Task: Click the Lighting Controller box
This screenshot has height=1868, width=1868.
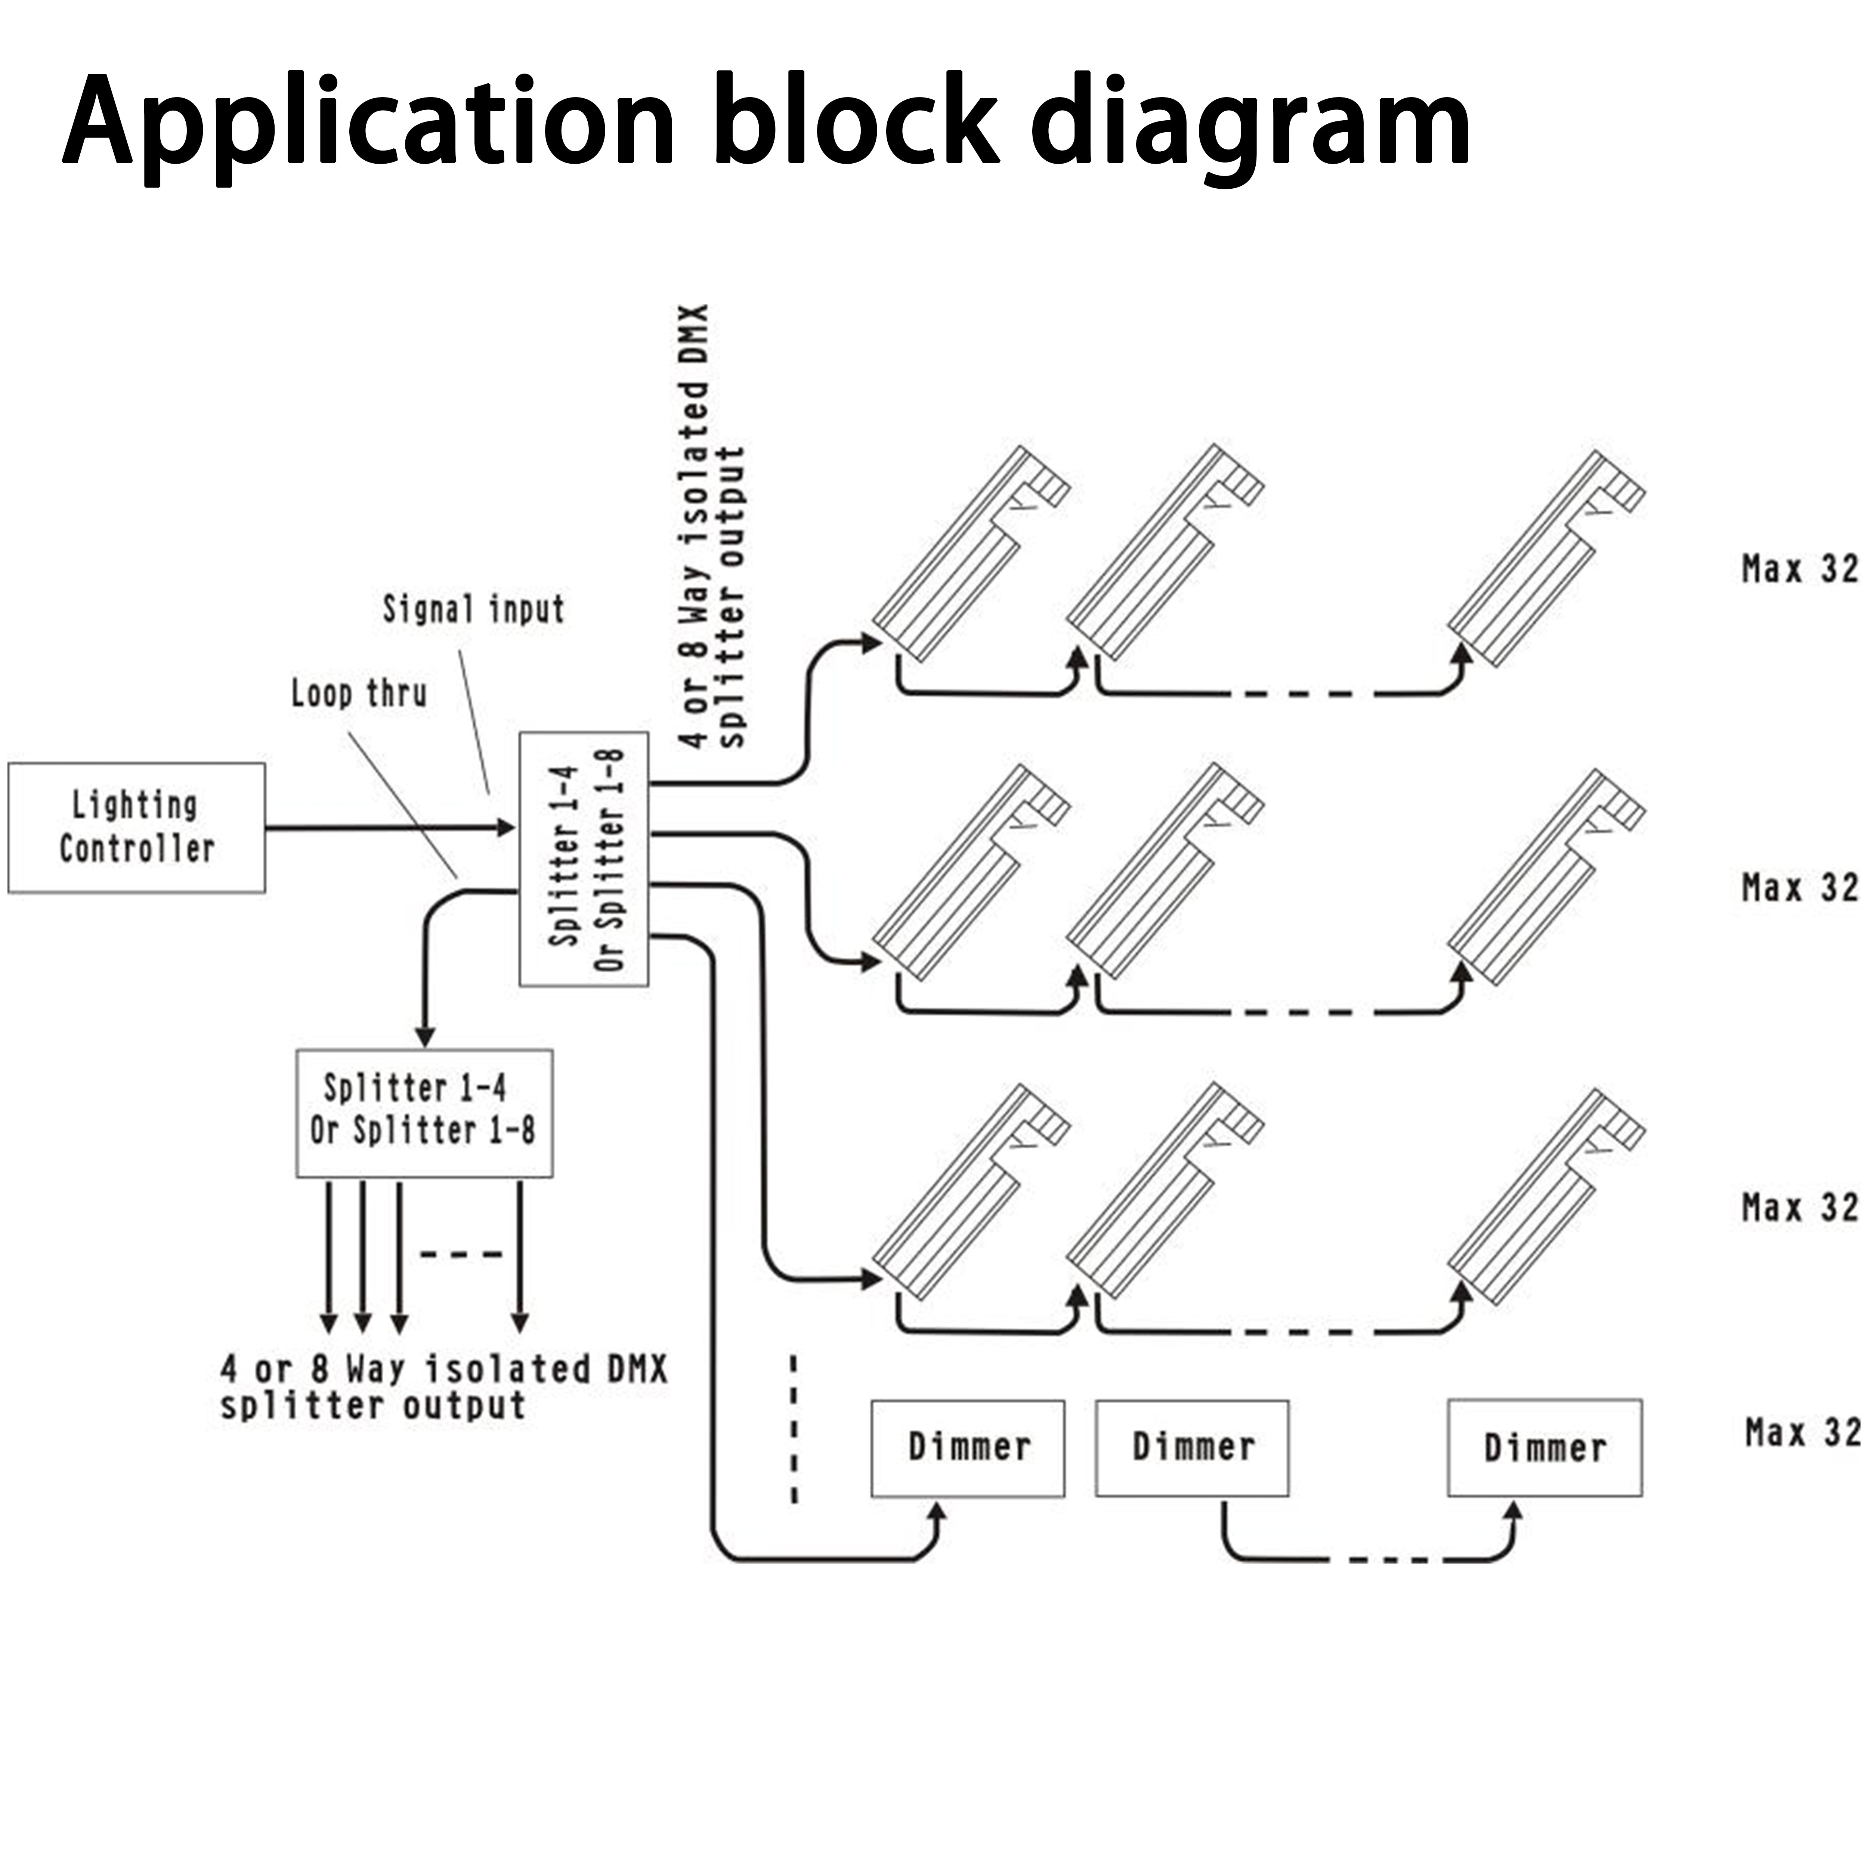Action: (136, 828)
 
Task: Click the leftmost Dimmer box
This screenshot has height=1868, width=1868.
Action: (968, 1448)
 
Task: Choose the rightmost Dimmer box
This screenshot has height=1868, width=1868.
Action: (1544, 1447)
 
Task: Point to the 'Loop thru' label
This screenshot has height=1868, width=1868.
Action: (359, 693)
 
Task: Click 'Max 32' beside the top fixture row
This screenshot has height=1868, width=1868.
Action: (1800, 569)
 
